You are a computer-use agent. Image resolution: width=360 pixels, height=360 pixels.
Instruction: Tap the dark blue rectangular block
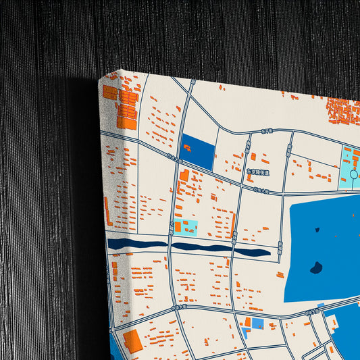pos(197,153)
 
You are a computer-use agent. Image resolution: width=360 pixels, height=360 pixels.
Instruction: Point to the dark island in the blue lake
pos(315,268)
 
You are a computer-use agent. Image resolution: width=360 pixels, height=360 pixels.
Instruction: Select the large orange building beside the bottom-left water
pos(132,341)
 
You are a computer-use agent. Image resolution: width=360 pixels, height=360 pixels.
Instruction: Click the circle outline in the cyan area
pos(354,174)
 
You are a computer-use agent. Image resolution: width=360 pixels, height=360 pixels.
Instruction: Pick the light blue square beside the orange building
pos(257,324)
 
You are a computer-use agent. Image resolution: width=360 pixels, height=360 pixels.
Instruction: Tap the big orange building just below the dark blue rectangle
pos(184,176)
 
